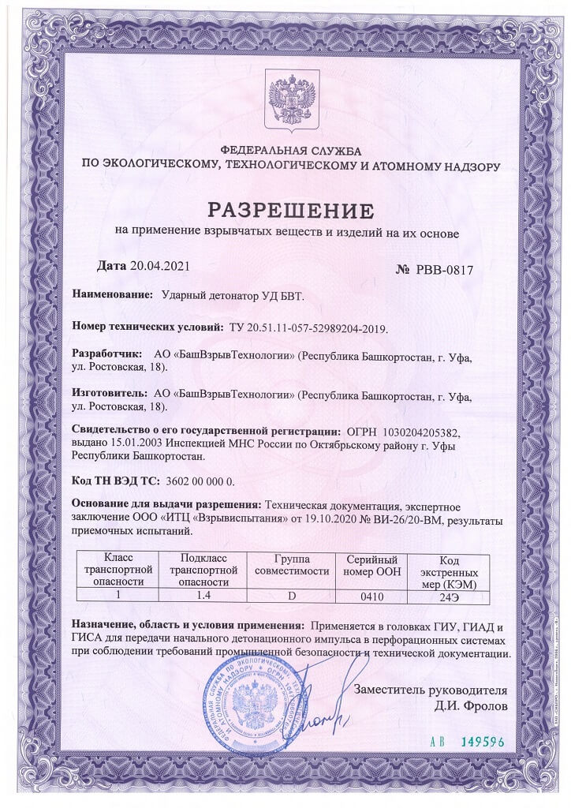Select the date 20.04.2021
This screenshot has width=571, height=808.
point(159,267)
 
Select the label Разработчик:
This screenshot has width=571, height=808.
point(107,355)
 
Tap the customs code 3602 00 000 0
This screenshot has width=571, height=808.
point(200,481)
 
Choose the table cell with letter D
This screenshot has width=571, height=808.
point(292,596)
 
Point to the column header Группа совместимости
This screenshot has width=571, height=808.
point(292,564)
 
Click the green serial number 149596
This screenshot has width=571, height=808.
point(474,742)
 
